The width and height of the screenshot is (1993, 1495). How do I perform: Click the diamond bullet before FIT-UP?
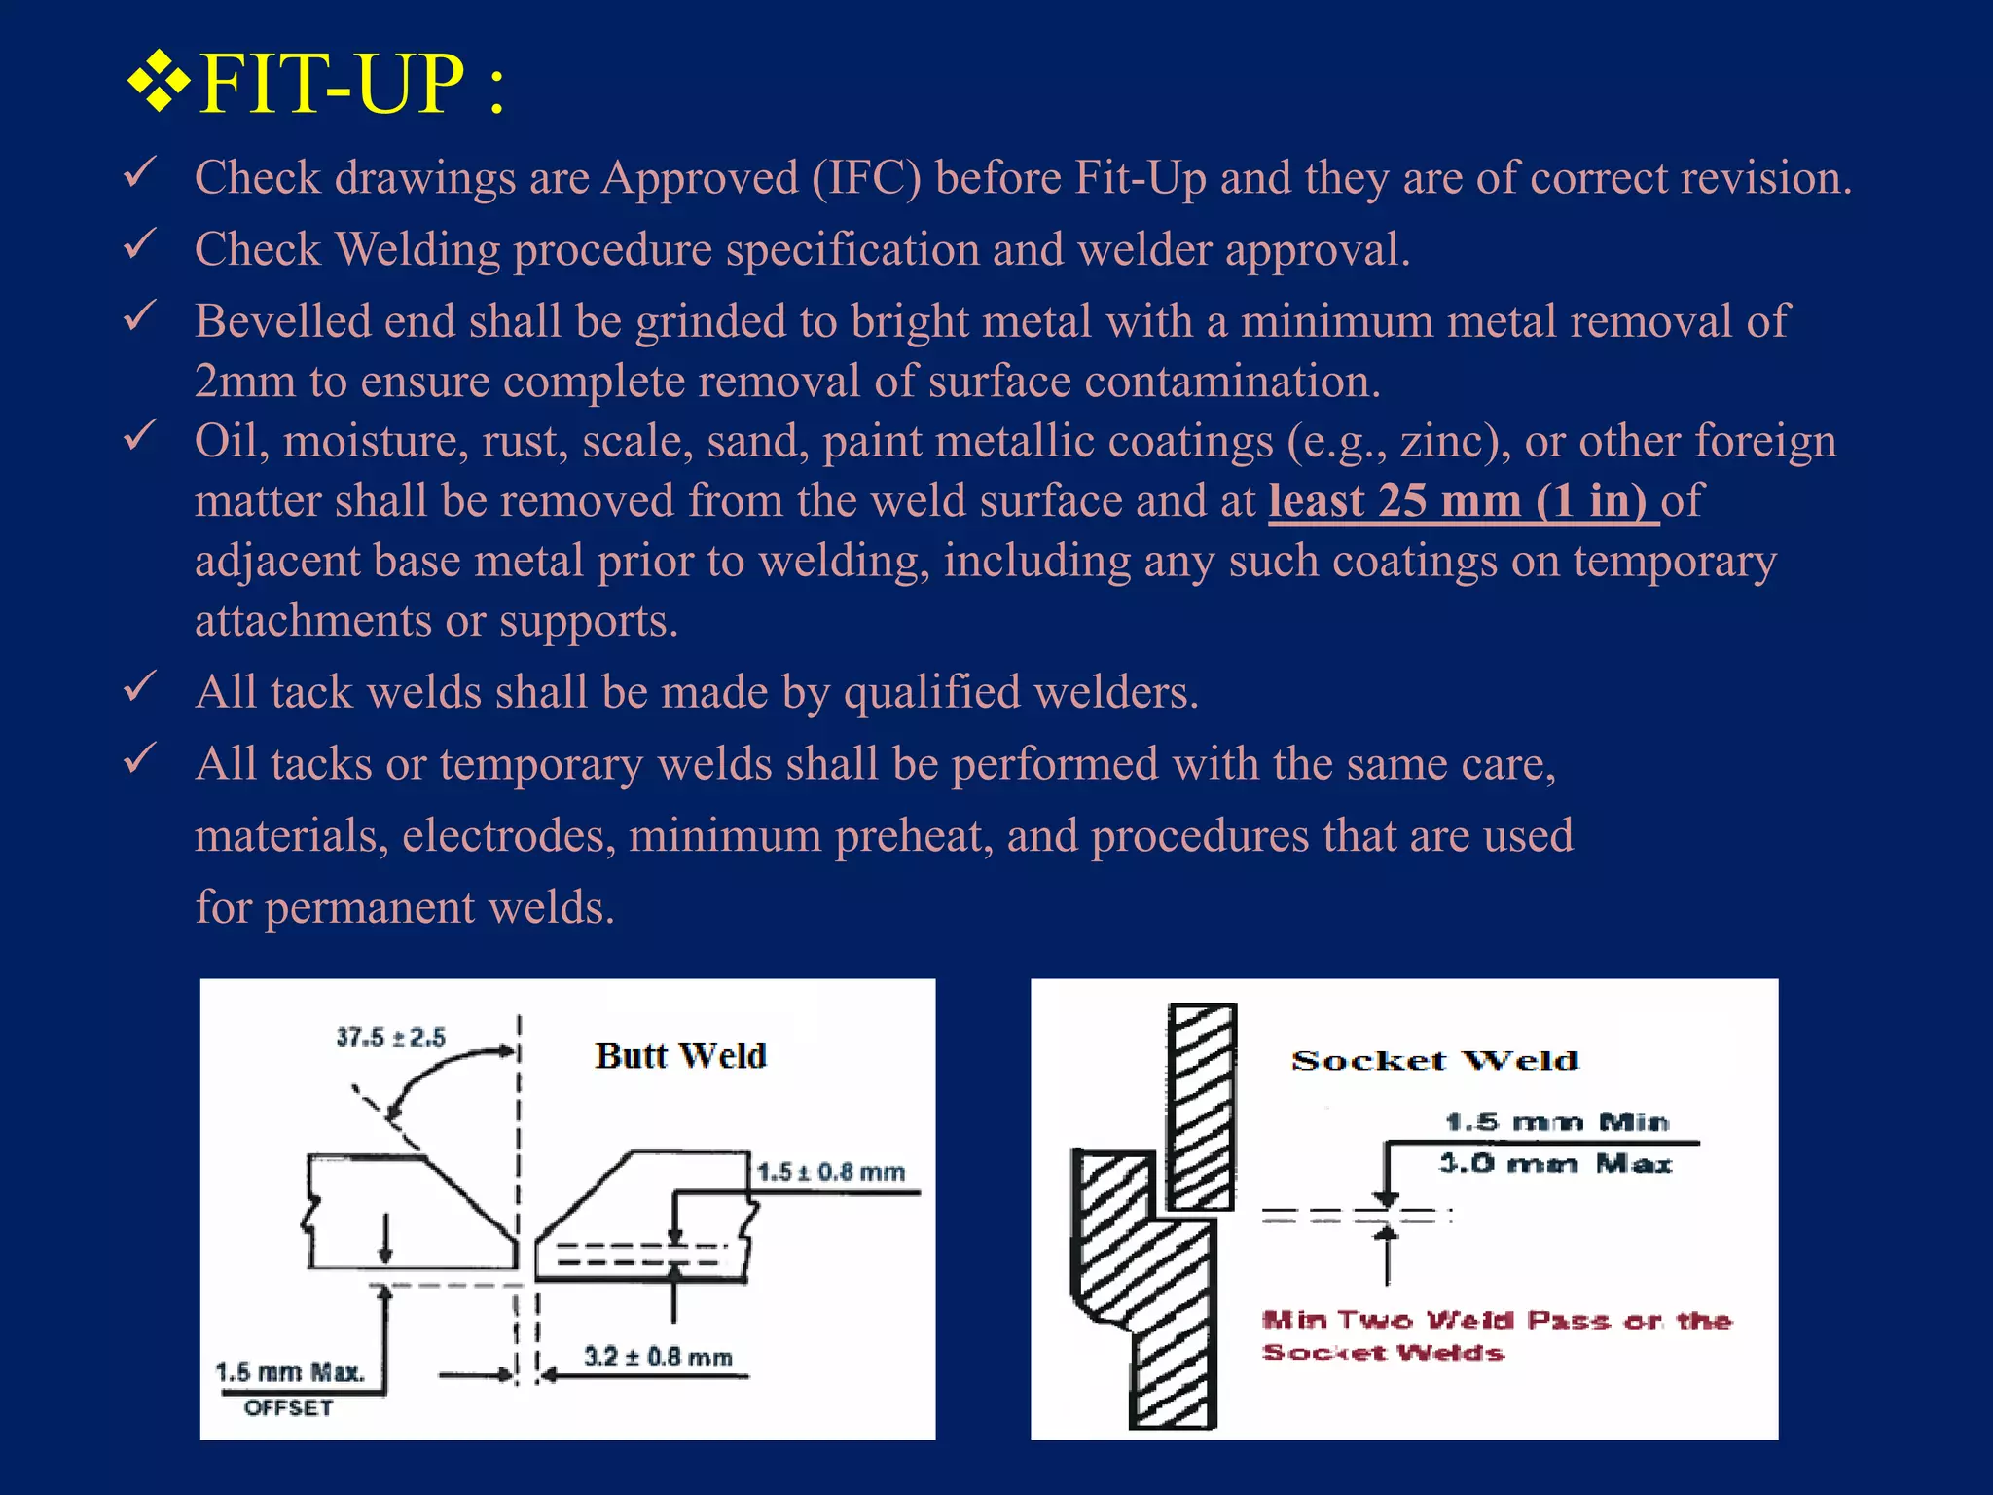(158, 84)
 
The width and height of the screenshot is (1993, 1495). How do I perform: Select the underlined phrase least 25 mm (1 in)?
(1463, 501)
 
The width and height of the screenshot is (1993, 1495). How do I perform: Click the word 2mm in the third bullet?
(244, 382)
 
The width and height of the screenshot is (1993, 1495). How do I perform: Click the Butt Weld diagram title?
(680, 1056)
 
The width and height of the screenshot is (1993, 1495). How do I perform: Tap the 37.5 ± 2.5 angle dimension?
(390, 1038)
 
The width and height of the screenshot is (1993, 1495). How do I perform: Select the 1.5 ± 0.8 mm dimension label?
(831, 1172)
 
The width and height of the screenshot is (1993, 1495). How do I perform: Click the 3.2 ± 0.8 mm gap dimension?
(658, 1356)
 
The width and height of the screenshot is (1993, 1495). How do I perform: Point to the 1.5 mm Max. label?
(290, 1372)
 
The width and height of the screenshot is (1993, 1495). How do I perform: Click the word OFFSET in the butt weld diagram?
(288, 1408)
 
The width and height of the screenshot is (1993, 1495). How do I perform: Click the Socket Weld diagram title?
(1434, 1061)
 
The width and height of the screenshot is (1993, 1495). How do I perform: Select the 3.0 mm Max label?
(1555, 1164)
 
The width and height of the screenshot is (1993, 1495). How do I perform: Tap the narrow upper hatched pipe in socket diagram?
(1202, 1107)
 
